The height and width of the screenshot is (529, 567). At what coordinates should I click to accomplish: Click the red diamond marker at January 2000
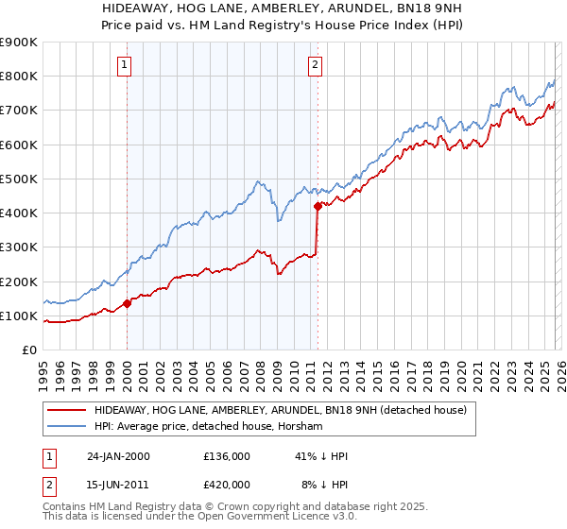point(127,304)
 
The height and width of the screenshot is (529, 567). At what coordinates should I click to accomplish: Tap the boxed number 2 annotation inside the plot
point(315,65)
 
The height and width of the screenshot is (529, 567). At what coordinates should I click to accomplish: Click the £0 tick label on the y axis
point(28,350)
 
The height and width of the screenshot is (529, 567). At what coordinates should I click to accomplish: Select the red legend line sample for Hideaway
point(66,411)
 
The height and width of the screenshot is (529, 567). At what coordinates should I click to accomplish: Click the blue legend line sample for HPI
point(66,427)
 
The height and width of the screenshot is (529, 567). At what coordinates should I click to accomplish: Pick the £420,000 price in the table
point(226,484)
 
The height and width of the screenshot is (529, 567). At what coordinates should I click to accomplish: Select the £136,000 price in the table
point(226,456)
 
